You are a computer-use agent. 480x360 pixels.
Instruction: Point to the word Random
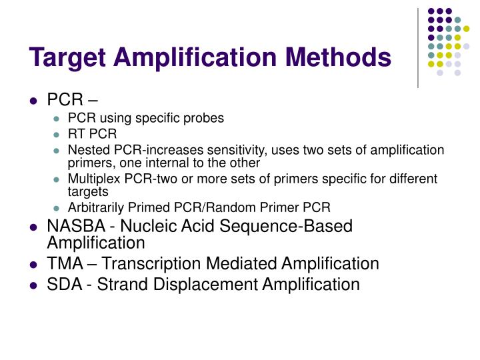[x=256, y=207]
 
